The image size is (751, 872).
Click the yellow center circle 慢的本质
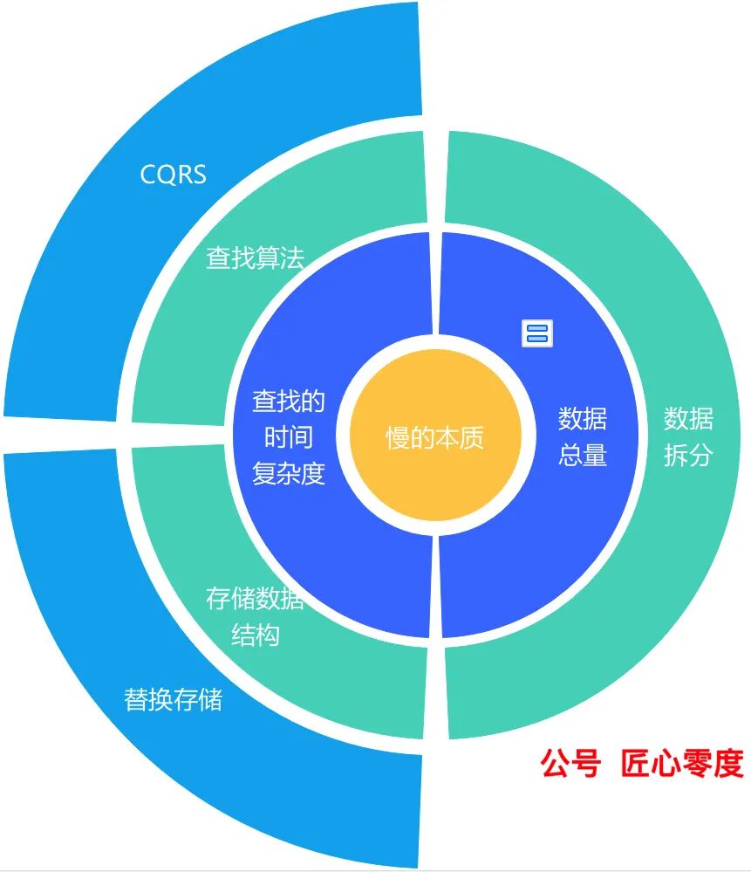point(434,436)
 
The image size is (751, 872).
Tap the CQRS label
point(174,175)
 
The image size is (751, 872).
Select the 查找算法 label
point(255,257)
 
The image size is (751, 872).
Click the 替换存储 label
point(173,699)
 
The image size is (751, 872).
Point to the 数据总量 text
point(582,436)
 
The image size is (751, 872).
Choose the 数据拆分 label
point(688,436)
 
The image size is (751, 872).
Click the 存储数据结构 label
point(255,616)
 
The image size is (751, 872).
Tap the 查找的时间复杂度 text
point(289,437)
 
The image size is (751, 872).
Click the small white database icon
point(537,333)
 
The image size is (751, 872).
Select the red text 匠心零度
point(681,763)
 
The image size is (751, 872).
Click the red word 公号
point(570,763)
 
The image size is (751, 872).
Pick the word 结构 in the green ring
point(255,635)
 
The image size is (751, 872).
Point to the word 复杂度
point(289,474)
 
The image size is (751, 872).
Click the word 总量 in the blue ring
point(582,455)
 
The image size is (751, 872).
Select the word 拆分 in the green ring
point(688,455)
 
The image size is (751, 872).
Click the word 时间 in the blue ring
point(289,437)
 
